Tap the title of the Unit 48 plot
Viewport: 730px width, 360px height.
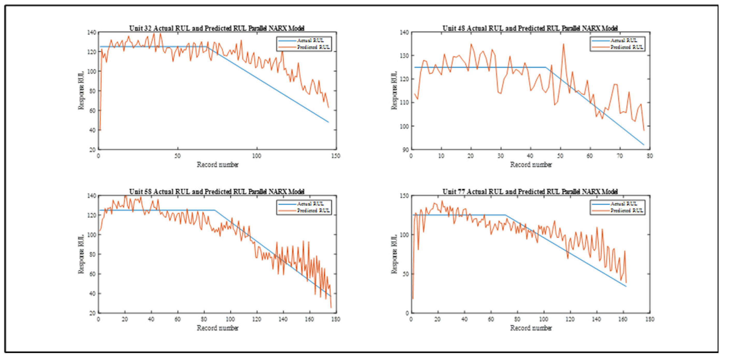tap(530, 28)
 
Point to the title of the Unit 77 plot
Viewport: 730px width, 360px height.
tap(530, 192)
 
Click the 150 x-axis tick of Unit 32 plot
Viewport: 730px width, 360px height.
tap(336, 156)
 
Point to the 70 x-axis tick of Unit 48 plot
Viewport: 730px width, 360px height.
tap(620, 156)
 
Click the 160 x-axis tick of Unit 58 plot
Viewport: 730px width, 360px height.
tap(309, 319)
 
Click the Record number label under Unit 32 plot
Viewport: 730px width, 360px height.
tap(217, 164)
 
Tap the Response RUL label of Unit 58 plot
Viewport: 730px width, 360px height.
tap(81, 254)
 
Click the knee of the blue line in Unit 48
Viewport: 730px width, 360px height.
tap(545, 67)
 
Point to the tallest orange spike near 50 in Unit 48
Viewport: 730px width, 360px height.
tap(563, 44)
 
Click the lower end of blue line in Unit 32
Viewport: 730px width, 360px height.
tap(328, 122)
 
